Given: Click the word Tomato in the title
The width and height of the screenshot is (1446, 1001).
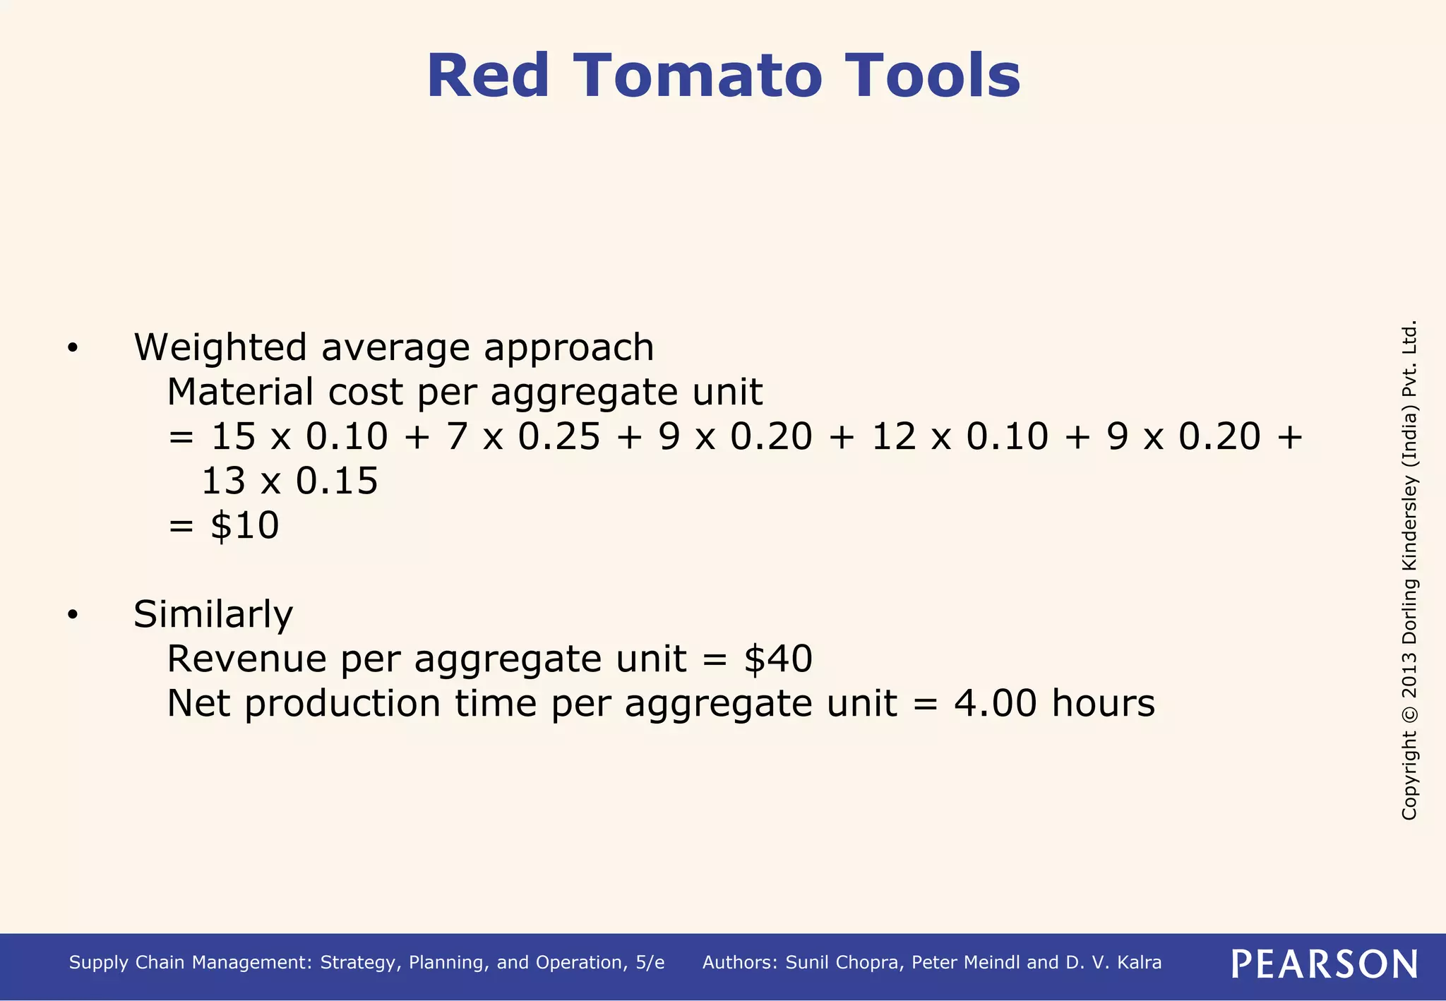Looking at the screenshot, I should pyautogui.click(x=698, y=76).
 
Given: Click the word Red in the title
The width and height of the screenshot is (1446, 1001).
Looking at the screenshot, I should pyautogui.click(x=488, y=76).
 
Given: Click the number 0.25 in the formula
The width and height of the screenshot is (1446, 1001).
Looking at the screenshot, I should pyautogui.click(x=559, y=436).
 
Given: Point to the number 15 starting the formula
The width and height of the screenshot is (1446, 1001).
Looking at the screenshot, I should pyautogui.click(x=233, y=436).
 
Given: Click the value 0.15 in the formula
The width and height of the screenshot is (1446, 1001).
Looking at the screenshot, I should pyautogui.click(x=337, y=481).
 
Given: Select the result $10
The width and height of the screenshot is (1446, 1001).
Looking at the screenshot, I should pyautogui.click(x=244, y=525).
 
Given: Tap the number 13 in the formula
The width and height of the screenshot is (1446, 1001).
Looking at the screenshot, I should pyautogui.click(x=222, y=481).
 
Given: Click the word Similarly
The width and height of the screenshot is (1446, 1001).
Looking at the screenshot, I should pyautogui.click(x=213, y=614).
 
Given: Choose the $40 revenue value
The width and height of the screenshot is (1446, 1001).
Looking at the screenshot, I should pyautogui.click(x=778, y=659).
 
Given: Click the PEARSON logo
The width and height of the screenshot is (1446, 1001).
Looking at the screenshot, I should pyautogui.click(x=1324, y=964).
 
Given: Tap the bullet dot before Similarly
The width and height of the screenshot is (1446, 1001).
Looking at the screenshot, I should pyautogui.click(x=73, y=615).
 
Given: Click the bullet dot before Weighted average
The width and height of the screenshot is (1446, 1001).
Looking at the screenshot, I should pyautogui.click(x=73, y=349).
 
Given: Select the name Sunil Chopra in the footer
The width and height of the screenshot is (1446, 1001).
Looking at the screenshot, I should pyautogui.click(x=843, y=963).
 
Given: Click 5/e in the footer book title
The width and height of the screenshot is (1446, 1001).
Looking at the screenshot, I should pyautogui.click(x=650, y=963).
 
